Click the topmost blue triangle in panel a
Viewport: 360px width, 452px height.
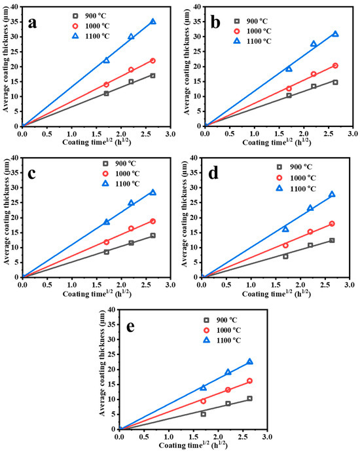pos(153,22)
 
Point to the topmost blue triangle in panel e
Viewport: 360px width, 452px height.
pos(249,362)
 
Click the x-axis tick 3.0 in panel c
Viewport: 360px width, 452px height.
pos(170,284)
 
